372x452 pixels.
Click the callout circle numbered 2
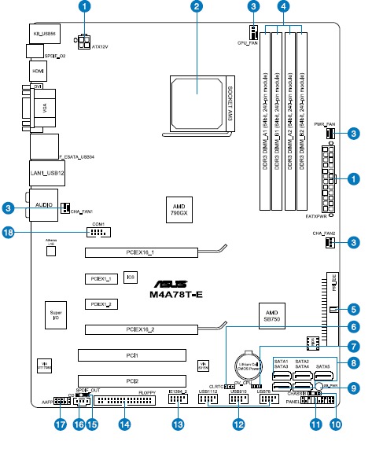[x=197, y=7]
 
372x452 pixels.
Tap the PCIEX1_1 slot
[x=101, y=279]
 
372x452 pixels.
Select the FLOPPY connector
[x=126, y=402]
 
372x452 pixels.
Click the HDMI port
[x=38, y=71]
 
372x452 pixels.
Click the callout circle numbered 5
[x=354, y=310]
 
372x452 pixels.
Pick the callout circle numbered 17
[x=59, y=424]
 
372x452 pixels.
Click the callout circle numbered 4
[x=283, y=7]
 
